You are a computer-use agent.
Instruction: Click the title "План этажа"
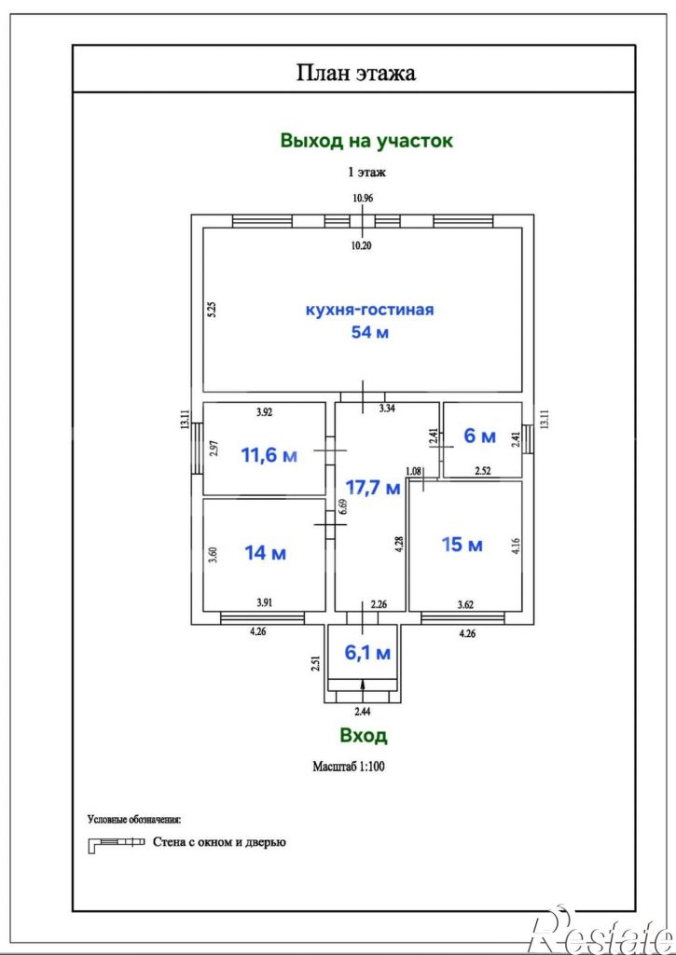356,73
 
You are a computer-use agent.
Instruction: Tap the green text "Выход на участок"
366,141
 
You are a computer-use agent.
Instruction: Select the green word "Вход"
363,735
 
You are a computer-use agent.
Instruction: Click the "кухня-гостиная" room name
369,310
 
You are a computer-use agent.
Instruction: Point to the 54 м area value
369,333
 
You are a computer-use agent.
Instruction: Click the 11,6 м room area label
269,455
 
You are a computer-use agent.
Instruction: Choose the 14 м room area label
266,553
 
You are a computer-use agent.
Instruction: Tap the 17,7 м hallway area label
373,487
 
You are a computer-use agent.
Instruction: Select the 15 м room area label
462,545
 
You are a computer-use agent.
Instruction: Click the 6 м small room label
480,436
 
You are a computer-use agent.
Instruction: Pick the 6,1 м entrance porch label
367,653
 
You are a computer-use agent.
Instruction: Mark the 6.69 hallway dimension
343,507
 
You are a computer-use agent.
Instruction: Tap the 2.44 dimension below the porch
363,710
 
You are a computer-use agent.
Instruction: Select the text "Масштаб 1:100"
349,767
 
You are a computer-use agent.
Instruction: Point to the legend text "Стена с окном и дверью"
219,843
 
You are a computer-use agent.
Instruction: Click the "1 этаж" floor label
366,173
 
